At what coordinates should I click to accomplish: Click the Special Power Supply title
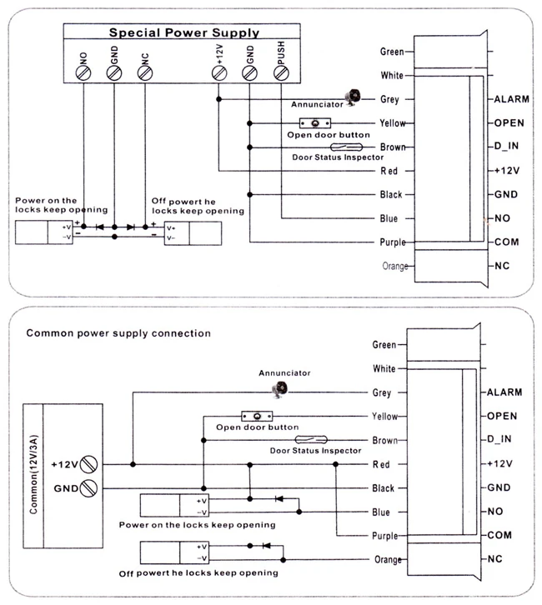(183, 32)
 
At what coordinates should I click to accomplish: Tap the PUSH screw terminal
(281, 73)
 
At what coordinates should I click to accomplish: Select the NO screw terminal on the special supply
(83, 73)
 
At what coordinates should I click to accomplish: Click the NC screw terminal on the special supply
(145, 73)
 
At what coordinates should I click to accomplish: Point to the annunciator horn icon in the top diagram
(354, 97)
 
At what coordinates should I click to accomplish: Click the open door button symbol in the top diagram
(315, 123)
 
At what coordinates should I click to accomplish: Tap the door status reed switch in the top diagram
(346, 147)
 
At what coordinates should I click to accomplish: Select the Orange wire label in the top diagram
(395, 266)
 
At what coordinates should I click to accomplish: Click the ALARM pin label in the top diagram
(511, 99)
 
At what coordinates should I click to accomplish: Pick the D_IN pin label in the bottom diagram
(499, 439)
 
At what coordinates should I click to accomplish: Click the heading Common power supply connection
(118, 333)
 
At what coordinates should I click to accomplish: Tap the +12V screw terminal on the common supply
(88, 464)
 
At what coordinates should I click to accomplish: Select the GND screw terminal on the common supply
(88, 488)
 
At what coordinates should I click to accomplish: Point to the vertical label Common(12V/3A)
(33, 475)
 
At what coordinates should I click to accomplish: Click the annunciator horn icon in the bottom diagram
(280, 389)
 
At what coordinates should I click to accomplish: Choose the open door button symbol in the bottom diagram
(257, 417)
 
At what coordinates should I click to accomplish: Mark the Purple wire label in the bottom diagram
(385, 536)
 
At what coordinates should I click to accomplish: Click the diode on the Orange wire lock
(266, 546)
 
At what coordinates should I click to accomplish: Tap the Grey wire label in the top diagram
(389, 99)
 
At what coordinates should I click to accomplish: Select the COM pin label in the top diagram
(506, 242)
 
